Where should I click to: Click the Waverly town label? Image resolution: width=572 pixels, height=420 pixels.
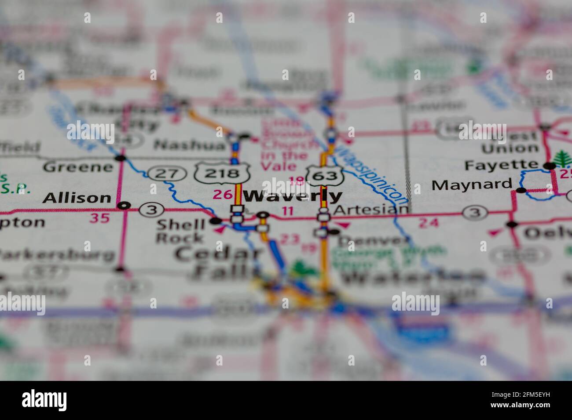tap(293, 196)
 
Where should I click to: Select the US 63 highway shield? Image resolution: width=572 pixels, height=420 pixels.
tap(325, 175)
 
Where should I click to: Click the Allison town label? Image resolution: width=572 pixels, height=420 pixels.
tap(77, 198)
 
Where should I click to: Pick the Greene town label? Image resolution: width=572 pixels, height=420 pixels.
tap(78, 167)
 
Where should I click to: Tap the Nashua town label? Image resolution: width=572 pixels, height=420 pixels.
tap(190, 145)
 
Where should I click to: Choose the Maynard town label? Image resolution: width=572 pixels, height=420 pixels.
tap(472, 185)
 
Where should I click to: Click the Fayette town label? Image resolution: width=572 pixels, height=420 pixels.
tap(501, 166)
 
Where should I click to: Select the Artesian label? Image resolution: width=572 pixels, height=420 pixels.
tap(371, 210)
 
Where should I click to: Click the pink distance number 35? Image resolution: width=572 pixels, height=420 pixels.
tap(99, 217)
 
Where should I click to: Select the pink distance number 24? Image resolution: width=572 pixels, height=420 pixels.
tap(428, 223)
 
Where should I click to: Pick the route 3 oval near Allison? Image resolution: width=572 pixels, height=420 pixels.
tap(151, 210)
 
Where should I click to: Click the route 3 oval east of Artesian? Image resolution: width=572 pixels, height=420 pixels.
tap(475, 214)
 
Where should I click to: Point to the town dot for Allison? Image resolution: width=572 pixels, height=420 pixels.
tap(125, 205)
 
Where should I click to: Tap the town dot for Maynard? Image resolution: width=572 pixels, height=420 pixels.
tap(521, 190)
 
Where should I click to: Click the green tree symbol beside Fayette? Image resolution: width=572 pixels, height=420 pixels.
tap(562, 159)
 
